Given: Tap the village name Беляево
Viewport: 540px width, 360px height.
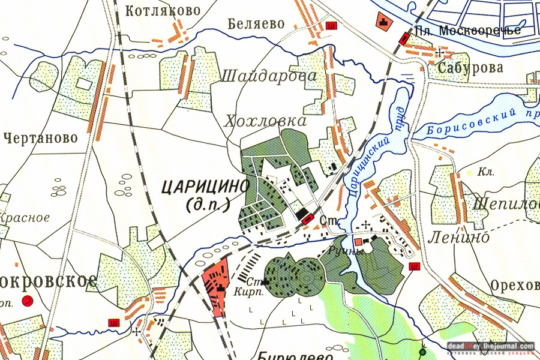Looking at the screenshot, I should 256,24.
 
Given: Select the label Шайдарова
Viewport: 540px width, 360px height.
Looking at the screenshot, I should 269,76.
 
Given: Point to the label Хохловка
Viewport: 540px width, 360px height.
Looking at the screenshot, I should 265,121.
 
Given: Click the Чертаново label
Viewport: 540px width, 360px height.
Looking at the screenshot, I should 40,138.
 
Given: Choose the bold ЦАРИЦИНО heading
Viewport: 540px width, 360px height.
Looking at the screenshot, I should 205,187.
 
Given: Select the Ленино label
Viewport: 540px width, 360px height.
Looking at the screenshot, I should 458,238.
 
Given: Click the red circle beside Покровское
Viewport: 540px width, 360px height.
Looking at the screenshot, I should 27,301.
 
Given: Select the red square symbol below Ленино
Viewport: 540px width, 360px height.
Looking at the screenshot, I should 414,266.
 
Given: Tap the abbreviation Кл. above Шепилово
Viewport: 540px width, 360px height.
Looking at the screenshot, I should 486,173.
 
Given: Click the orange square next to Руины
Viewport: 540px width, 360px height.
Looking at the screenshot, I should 359,241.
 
